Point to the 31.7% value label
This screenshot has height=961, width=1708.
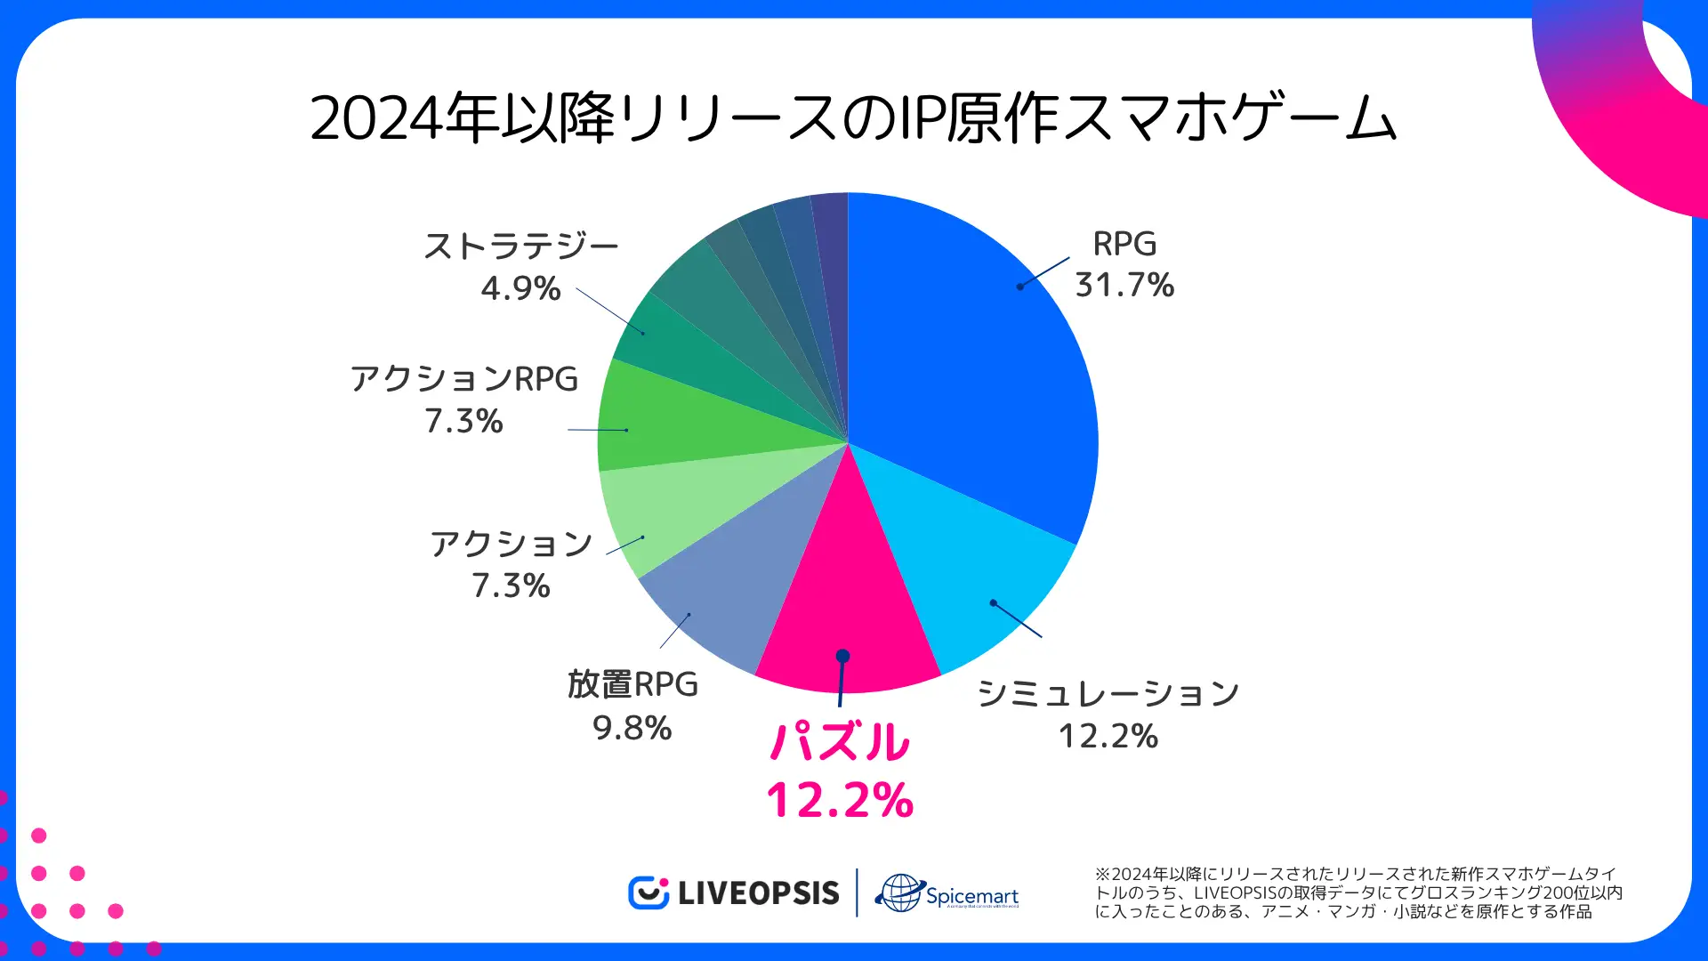[x=1124, y=286]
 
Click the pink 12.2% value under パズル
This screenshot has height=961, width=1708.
[x=840, y=799]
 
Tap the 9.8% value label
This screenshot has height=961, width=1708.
[x=632, y=728]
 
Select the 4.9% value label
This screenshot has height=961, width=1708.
[x=520, y=288]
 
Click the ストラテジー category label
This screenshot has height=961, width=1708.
[x=520, y=246]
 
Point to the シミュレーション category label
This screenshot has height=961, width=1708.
[x=1108, y=693]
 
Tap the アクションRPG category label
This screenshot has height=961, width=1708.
[x=463, y=379]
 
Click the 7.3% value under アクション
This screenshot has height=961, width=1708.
[x=511, y=585]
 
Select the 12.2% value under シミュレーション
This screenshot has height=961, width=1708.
[x=1108, y=736]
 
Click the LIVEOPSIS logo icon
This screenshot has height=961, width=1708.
[x=648, y=892]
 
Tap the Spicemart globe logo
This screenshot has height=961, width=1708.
[x=900, y=892]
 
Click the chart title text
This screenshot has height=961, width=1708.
[x=853, y=118]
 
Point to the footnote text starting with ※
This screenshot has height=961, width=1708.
[x=1358, y=892]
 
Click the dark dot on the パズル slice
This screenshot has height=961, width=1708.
[x=842, y=656]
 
